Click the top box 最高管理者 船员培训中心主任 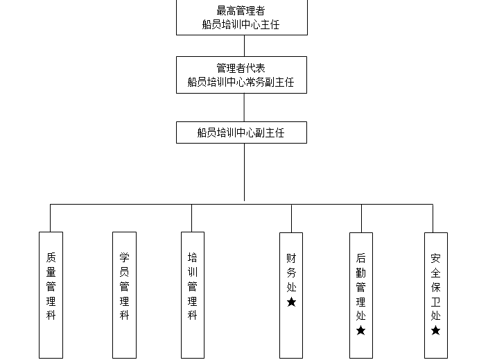point(241,17)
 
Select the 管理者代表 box point(241,75)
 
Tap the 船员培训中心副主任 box point(241,132)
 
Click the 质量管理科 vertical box point(51,295)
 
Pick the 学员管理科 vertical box point(124,295)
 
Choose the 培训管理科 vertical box point(192,295)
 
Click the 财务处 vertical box point(291,295)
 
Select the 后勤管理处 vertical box point(360,295)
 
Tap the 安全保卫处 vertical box point(435,295)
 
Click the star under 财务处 point(291,302)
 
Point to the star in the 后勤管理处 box point(360,330)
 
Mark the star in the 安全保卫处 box point(435,330)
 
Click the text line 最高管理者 point(241,11)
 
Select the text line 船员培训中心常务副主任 point(241,82)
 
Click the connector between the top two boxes point(243,46)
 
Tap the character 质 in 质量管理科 point(51,256)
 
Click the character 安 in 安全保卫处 point(435,257)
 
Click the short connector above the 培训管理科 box point(192,218)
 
